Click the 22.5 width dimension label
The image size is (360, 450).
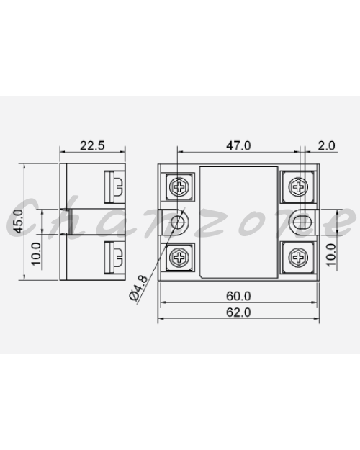point(92,145)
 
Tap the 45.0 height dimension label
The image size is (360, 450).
point(18,221)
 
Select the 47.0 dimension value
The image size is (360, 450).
point(238,145)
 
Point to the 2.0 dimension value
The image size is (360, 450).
point(326,145)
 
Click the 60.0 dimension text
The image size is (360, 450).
point(238,296)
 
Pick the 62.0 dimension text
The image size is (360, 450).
point(238,312)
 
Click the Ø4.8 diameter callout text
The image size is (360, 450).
point(139,287)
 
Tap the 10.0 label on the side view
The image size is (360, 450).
point(36,253)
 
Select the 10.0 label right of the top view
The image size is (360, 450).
point(330,255)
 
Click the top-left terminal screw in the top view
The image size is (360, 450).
point(179,186)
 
